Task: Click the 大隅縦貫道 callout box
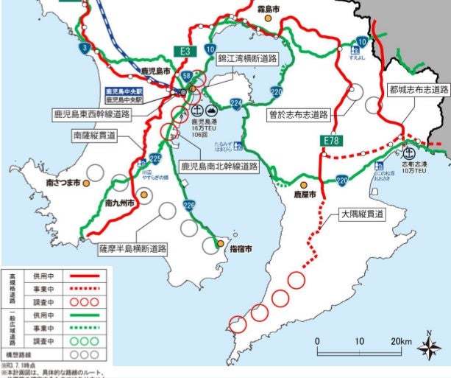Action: (x=363, y=214)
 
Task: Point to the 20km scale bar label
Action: (x=401, y=341)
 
